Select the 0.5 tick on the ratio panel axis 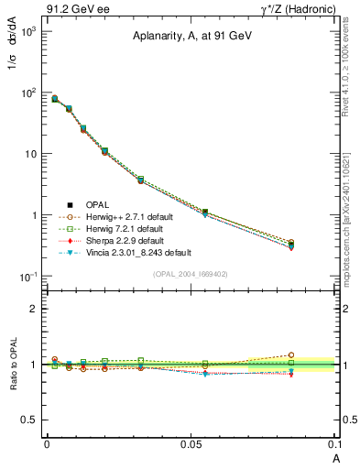click(29, 420)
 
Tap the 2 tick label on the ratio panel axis click(33, 309)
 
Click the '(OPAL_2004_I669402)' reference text click(191, 274)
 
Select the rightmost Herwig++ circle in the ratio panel click(317, 354)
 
